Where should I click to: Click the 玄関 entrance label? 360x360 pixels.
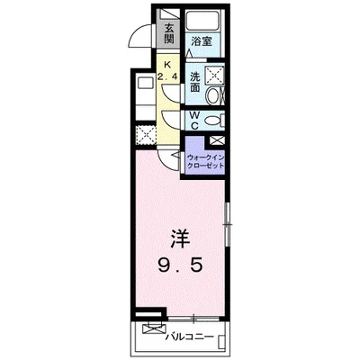[x=168, y=33]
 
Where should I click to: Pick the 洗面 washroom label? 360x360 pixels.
[x=194, y=83]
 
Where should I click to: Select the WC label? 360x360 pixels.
[x=194, y=119]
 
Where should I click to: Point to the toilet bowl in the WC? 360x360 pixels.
[x=214, y=121]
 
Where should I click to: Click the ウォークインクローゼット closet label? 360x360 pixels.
[x=206, y=163]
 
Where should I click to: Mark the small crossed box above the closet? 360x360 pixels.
[x=216, y=140]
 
